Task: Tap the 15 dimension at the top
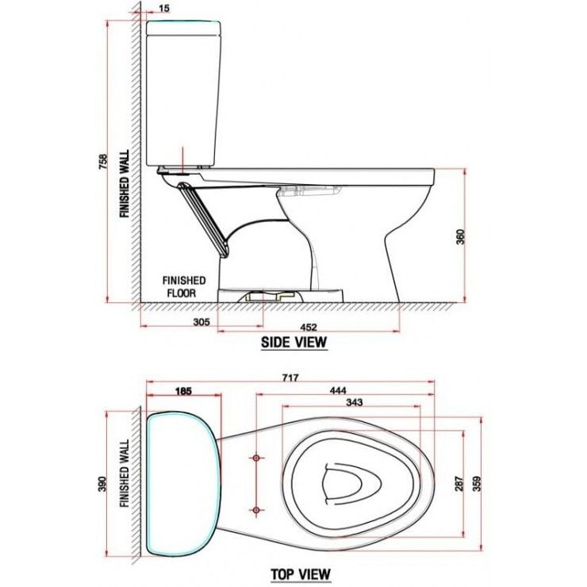click(164, 9)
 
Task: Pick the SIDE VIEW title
click(294, 343)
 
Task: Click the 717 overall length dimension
click(290, 379)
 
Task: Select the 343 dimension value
click(354, 403)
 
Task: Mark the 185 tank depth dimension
click(183, 391)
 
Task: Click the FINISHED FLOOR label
click(184, 286)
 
